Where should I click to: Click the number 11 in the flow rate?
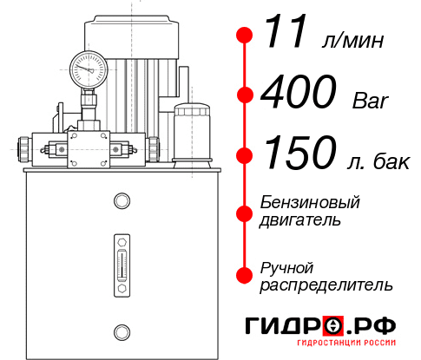pyautogui.click(x=287, y=35)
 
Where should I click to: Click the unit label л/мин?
pyautogui.click(x=352, y=41)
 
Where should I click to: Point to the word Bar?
pyautogui.click(x=371, y=101)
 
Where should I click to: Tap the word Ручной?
pyautogui.click(x=287, y=266)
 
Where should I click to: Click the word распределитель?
pyautogui.click(x=326, y=285)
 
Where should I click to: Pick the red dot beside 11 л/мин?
pyautogui.click(x=245, y=35)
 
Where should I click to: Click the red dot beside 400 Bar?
pyautogui.click(x=245, y=95)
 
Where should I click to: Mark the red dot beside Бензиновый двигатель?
pyautogui.click(x=245, y=212)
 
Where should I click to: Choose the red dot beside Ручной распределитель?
pyautogui.click(x=245, y=275)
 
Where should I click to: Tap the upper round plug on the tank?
pyautogui.click(x=121, y=202)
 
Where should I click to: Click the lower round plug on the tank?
pyautogui.click(x=121, y=331)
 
